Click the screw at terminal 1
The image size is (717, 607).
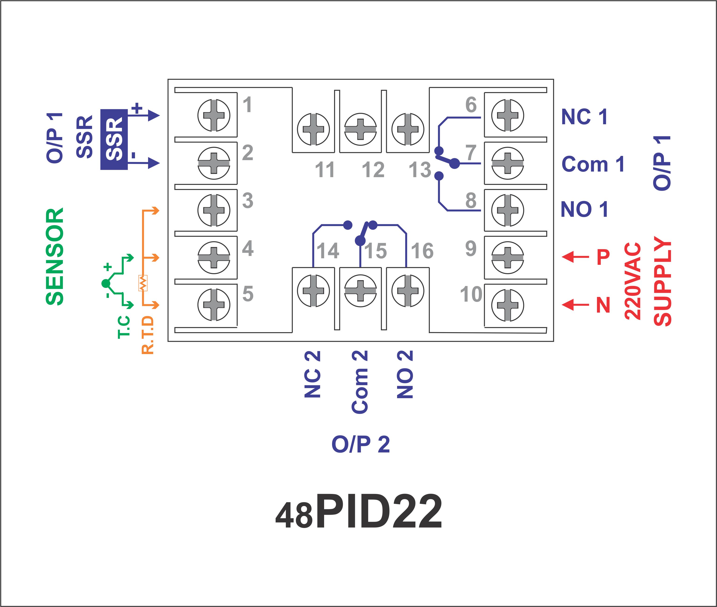pyautogui.click(x=214, y=115)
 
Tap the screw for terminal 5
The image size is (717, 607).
pyautogui.click(x=214, y=304)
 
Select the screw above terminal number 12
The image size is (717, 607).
pyautogui.click(x=360, y=129)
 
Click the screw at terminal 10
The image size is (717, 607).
pyautogui.click(x=508, y=305)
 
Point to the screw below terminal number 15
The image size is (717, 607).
pyautogui.click(x=360, y=290)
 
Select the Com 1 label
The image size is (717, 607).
pyautogui.click(x=593, y=164)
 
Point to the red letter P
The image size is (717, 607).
pyautogui.click(x=603, y=257)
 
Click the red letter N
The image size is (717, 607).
pyautogui.click(x=603, y=304)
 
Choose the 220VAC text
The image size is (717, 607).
pyautogui.click(x=633, y=281)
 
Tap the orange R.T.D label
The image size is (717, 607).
pyautogui.click(x=148, y=335)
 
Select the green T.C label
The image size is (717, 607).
pyautogui.click(x=124, y=327)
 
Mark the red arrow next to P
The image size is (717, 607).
pyautogui.click(x=575, y=256)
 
